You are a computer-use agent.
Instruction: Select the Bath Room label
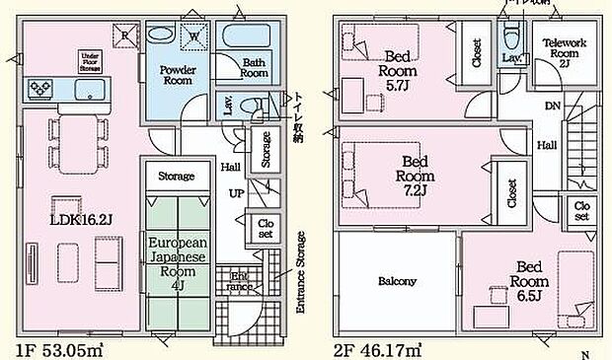[255, 67]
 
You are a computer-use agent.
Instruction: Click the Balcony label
[397, 281]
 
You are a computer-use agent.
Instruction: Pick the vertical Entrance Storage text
[300, 272]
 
